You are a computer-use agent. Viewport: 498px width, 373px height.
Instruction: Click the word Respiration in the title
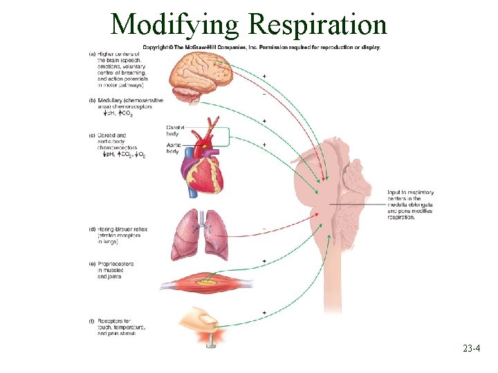(x=317, y=24)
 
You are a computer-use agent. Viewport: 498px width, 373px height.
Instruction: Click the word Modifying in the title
(x=175, y=26)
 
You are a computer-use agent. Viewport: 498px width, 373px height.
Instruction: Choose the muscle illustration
(x=200, y=282)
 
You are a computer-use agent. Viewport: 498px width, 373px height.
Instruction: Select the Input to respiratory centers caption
(x=410, y=204)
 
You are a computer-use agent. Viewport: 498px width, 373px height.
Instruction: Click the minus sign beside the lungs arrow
(x=264, y=229)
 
